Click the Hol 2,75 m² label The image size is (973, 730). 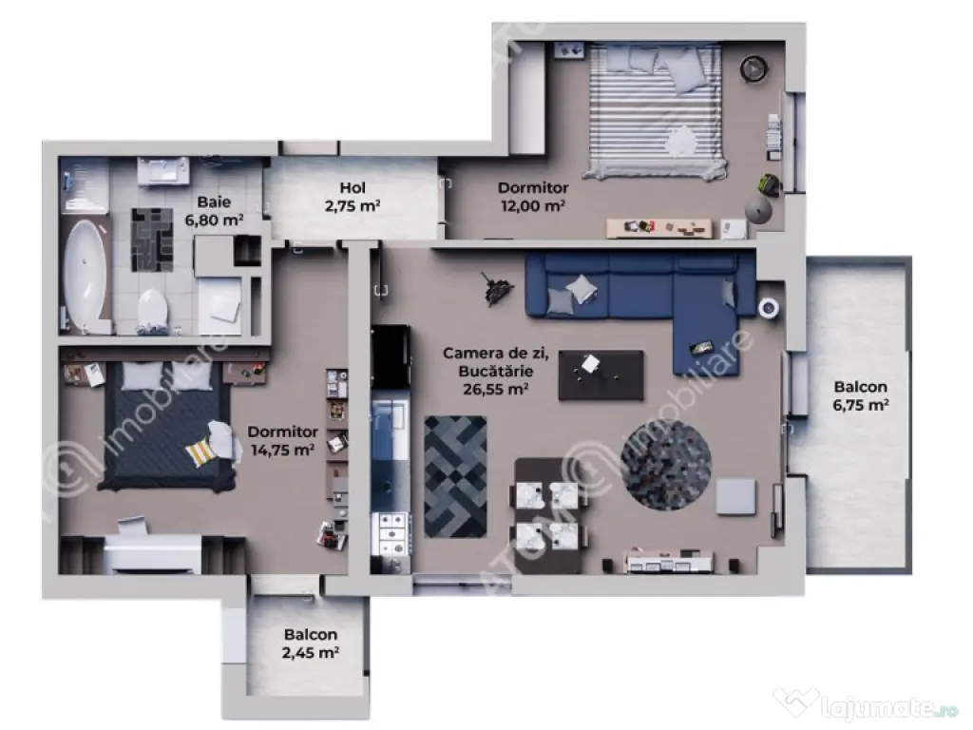click(353, 197)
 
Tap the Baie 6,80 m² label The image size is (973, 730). click(214, 211)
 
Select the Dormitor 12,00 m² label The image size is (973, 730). click(533, 197)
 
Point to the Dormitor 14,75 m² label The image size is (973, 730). click(282, 441)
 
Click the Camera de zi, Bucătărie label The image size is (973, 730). click(495, 362)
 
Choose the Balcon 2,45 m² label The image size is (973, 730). click(311, 644)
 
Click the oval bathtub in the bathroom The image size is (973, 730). click(85, 273)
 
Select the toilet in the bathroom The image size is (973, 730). click(152, 309)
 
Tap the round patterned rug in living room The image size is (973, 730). click(666, 464)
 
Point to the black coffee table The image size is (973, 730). click(601, 375)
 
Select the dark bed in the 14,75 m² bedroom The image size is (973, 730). click(166, 425)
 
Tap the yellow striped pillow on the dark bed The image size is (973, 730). click(202, 451)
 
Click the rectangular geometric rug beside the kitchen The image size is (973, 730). click(455, 476)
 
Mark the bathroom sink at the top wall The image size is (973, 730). click(162, 171)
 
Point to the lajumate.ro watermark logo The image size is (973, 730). click(866, 706)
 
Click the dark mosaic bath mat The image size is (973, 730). click(152, 240)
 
